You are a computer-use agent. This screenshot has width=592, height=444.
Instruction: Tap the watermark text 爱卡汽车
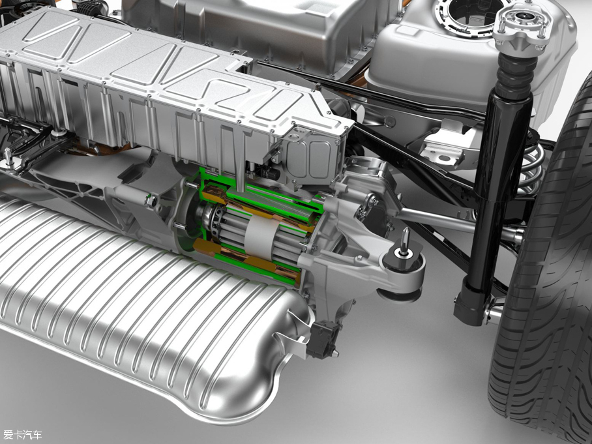22,434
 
